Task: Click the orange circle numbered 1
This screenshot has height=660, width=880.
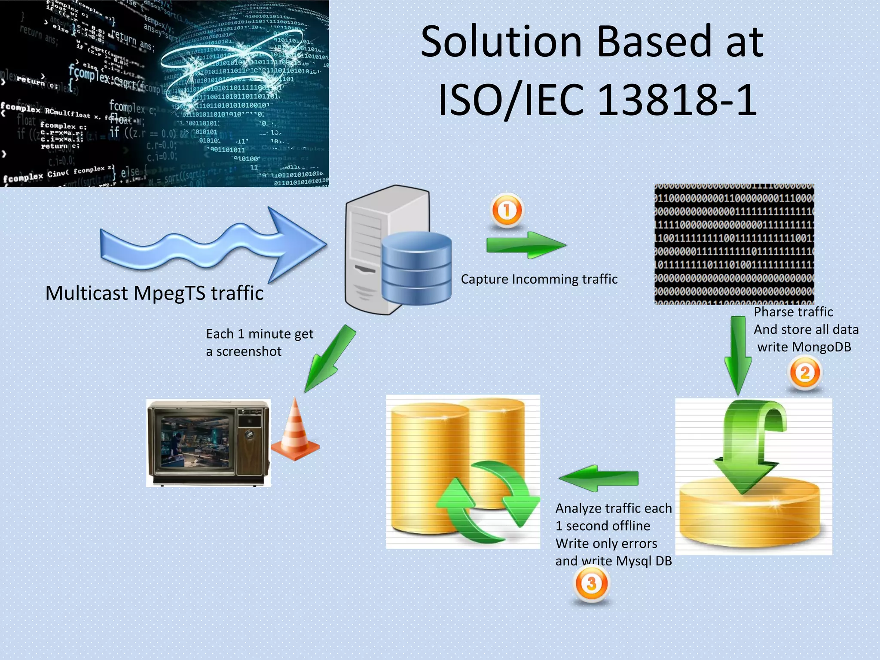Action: click(x=507, y=210)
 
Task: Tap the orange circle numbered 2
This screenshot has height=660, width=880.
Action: click(x=805, y=373)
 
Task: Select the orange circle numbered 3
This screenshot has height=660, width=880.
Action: click(x=592, y=583)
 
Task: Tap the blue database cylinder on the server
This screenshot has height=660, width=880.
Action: click(x=416, y=268)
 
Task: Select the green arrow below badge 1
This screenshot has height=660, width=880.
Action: click(x=526, y=245)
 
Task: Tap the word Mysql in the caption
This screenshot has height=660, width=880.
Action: click(x=634, y=561)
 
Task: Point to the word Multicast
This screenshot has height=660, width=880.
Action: click(x=86, y=293)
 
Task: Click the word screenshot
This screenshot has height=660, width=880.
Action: click(x=249, y=351)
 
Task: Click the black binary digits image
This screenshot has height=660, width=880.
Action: click(x=734, y=244)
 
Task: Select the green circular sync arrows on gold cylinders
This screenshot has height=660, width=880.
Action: click(x=488, y=501)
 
